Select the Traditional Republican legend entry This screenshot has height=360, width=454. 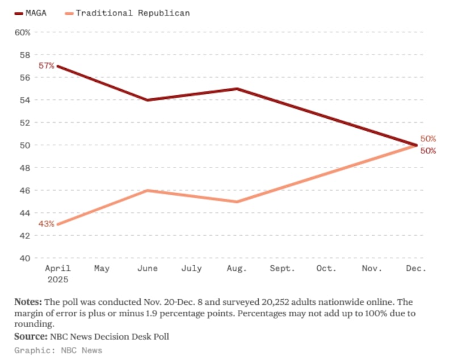[131, 12]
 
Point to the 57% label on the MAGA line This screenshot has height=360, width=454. [46, 66]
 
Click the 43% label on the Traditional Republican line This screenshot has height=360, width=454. [46, 224]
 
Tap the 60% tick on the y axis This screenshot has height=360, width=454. [22, 32]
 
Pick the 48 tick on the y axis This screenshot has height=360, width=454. [25, 168]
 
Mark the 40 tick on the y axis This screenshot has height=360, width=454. [25, 258]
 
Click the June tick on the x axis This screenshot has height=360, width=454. [148, 268]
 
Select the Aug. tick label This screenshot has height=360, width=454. [237, 268]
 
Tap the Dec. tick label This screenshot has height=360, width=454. [417, 268]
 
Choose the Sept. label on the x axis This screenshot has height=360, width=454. [282, 268]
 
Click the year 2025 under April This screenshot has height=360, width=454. [58, 280]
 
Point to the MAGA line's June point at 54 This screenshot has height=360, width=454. [148, 100]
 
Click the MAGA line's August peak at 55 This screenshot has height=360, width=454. [237, 89]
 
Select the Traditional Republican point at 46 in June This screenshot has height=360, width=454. [148, 190]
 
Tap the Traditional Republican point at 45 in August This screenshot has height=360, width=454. [237, 202]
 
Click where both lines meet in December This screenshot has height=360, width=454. [417, 145]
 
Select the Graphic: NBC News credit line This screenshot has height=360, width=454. [58, 350]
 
